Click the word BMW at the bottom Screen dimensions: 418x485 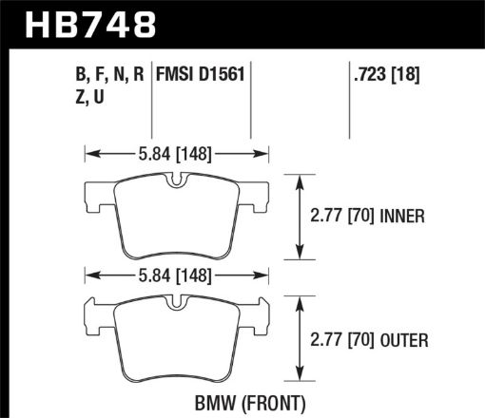click(x=217, y=400)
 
